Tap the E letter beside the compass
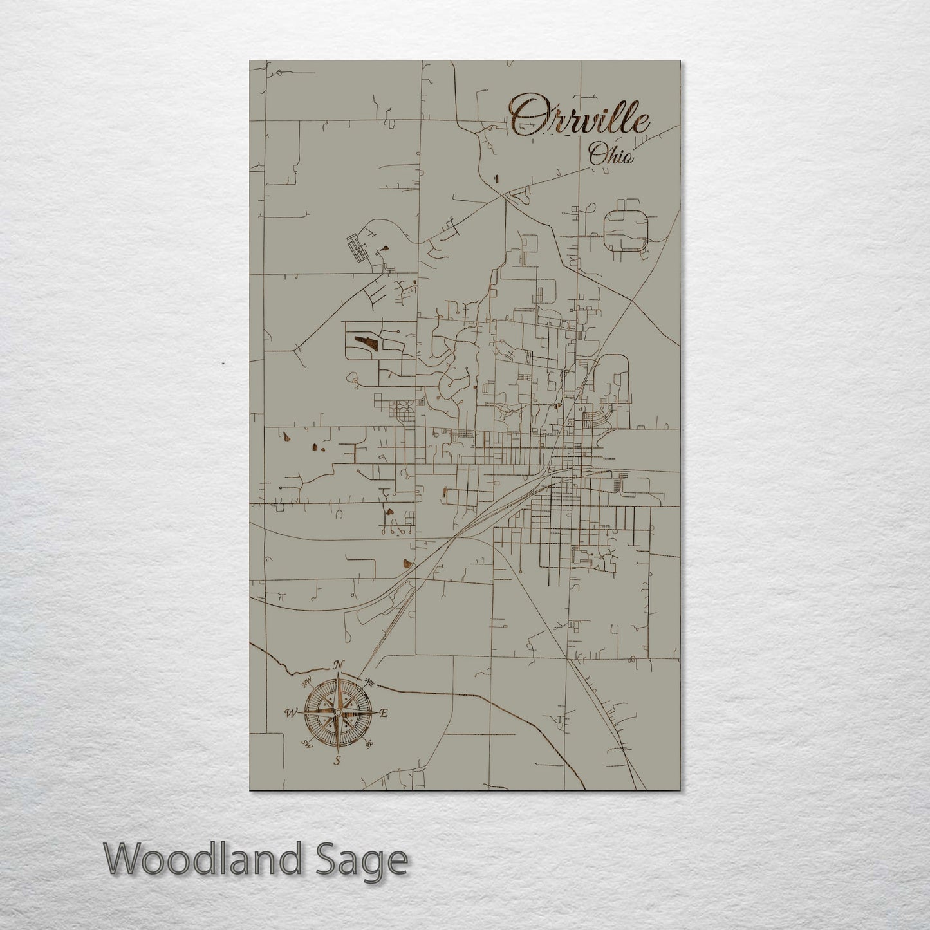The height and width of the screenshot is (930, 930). pos(384,713)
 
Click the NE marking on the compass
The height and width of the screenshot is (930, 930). pos(369,681)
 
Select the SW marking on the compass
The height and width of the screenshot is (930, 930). pos(307,745)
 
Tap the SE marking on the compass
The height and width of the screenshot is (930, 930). pos(369,745)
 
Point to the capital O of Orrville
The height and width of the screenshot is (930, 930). pos(525,115)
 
